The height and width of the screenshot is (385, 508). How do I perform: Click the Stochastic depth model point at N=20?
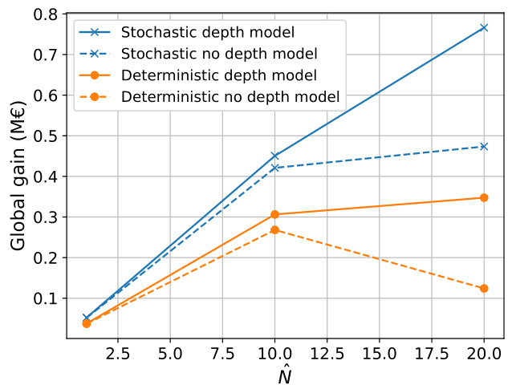(x=484, y=27)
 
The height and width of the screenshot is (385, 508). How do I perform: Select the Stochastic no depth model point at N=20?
(x=484, y=147)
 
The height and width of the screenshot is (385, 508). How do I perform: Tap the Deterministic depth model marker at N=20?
(x=484, y=197)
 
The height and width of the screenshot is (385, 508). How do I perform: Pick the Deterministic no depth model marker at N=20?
(x=484, y=288)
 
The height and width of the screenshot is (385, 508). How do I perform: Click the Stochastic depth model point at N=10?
(x=275, y=156)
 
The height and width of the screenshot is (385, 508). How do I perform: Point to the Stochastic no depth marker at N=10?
(x=275, y=168)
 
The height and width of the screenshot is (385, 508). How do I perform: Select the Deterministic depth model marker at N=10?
(x=275, y=214)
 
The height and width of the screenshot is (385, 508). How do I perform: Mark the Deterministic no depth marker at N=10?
(x=275, y=229)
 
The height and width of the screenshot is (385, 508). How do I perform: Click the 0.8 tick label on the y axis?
(x=43, y=14)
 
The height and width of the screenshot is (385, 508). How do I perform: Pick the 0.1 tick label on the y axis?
(x=43, y=298)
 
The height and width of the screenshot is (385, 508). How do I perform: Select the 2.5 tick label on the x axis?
(x=118, y=351)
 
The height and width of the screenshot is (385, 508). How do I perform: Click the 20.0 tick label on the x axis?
(x=484, y=351)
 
